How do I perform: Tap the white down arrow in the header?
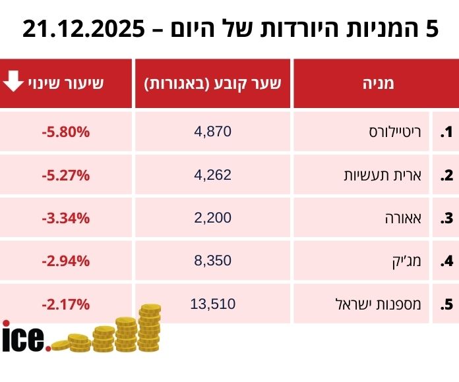point(13,82)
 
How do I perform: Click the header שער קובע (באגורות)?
point(212,83)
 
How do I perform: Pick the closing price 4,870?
point(213,132)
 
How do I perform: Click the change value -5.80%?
point(65,132)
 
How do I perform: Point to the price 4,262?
point(213,175)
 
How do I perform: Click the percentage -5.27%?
point(65,175)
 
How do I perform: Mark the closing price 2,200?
point(213,218)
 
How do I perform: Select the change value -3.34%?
point(65,218)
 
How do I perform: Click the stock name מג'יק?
point(411,261)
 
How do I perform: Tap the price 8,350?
point(213,261)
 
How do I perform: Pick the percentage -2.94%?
point(65,261)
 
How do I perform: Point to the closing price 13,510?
point(213,304)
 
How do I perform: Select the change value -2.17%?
point(65,304)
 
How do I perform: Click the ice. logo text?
point(25,337)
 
